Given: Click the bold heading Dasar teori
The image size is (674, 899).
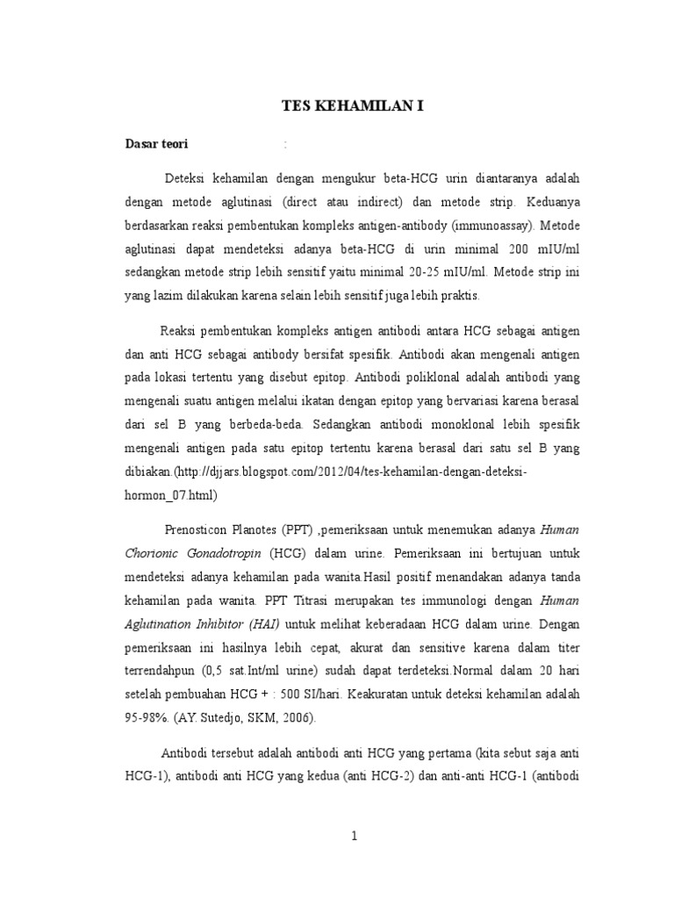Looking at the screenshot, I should click(155, 144).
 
